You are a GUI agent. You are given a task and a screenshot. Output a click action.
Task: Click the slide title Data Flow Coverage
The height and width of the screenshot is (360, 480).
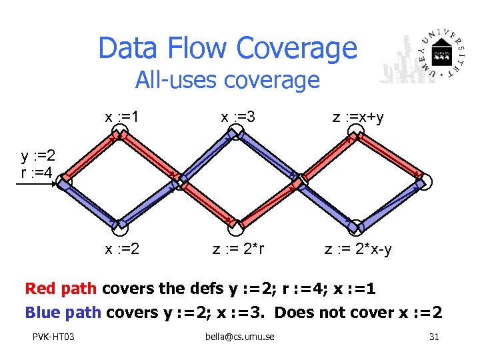227,48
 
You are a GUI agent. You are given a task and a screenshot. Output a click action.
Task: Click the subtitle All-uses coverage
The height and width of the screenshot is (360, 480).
227,81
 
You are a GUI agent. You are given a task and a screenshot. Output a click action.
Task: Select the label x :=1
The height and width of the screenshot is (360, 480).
122,117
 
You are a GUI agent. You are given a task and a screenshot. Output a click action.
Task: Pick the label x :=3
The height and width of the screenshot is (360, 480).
238,117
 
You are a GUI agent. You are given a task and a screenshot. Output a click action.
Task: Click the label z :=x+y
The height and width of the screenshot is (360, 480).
358,117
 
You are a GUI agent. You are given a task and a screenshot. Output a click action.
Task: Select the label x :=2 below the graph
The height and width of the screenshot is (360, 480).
122,249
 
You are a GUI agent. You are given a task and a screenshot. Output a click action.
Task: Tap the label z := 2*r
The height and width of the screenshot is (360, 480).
238,249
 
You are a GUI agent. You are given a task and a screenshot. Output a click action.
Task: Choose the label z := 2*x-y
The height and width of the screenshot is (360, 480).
358,249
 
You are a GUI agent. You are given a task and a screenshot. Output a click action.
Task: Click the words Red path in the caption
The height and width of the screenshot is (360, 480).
61,289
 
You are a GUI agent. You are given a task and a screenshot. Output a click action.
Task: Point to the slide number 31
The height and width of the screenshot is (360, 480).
434,337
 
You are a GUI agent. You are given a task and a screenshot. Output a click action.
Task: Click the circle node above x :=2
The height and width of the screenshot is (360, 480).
120,229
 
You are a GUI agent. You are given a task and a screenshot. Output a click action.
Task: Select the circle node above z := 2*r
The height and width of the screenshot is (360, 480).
235,229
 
